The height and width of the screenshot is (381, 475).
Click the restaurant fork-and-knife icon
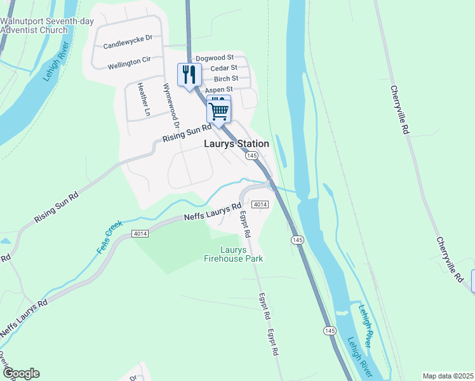tap(189, 76)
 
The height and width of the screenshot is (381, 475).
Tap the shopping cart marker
tap(218, 110)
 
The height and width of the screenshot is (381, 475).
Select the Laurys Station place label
tap(236, 144)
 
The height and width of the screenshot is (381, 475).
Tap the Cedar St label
tap(224, 68)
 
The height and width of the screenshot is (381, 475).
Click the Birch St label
tap(225, 79)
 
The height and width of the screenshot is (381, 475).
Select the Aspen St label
tap(219, 90)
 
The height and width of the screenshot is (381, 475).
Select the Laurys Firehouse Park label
tap(233, 254)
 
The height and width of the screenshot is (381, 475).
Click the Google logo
tap(21, 373)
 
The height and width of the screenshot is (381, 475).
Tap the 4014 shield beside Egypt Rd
tap(260, 204)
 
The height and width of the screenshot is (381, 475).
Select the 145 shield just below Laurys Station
tap(252, 156)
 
